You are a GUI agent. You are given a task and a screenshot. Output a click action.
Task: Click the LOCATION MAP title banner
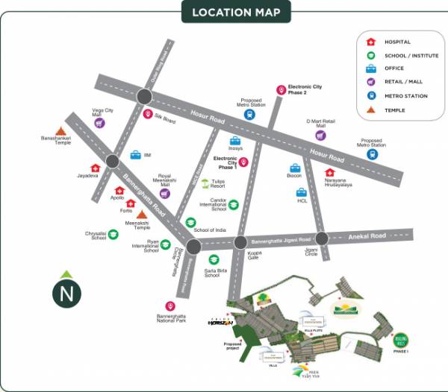[x=236, y=12]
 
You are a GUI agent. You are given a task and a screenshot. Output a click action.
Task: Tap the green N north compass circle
[x=67, y=292]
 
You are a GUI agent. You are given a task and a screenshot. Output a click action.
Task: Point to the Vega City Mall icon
[x=99, y=124]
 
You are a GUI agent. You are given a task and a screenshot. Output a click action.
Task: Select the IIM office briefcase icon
[x=136, y=155]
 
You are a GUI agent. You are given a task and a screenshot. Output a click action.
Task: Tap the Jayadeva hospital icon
[x=95, y=168]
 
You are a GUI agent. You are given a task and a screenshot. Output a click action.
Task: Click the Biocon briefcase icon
[x=296, y=168]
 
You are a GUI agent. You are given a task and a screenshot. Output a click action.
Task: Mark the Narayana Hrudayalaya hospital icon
[x=329, y=173]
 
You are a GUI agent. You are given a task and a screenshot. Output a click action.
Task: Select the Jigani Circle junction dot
[x=321, y=238]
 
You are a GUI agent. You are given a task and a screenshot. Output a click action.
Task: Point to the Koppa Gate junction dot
[x=240, y=242]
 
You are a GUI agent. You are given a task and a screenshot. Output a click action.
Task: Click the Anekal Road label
[x=367, y=235]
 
